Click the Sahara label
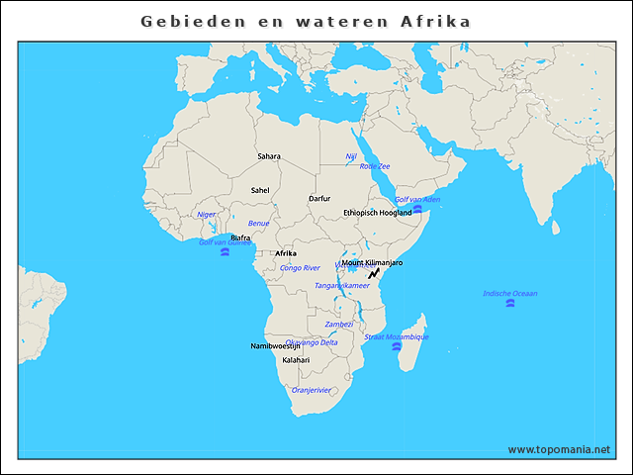coord(269,156)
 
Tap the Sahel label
coord(260,190)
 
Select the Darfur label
coord(319,199)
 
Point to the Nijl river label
coord(351,156)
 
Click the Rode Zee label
coord(375,166)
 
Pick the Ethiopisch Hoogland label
coord(377,213)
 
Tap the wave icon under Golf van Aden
coord(417,209)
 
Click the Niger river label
coord(206,214)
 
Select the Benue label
coord(258,224)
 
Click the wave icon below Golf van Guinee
coord(226,253)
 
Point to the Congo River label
coord(300,268)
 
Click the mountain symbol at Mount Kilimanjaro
coord(374,272)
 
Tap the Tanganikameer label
coord(341,286)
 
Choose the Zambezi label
coord(339,324)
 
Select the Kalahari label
coord(296,360)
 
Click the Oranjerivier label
coord(312,390)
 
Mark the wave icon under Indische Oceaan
coord(509,304)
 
